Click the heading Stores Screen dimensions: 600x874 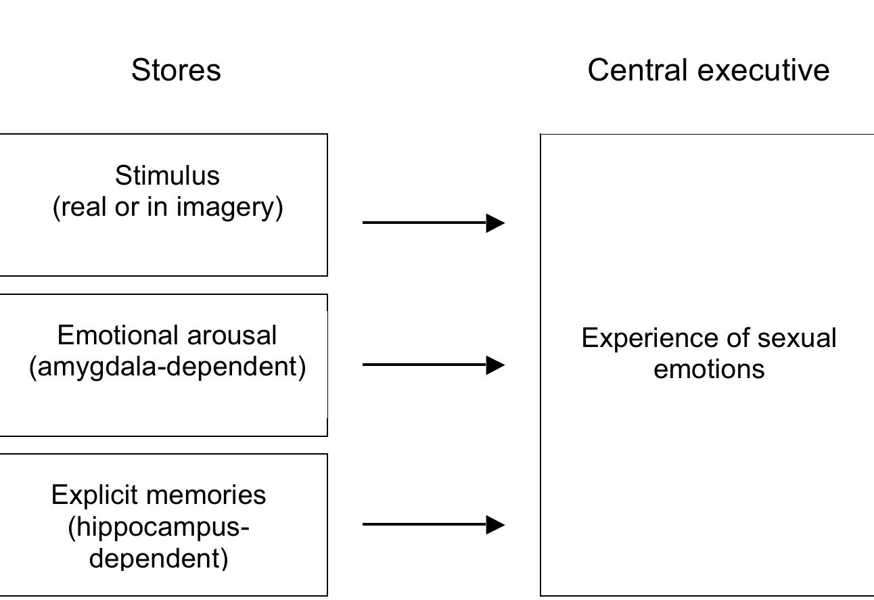(x=176, y=70)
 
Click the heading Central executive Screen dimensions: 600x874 (x=708, y=70)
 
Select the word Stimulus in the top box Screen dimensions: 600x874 (x=167, y=176)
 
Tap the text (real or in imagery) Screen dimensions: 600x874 (x=168, y=207)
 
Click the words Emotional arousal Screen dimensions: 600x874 (x=167, y=336)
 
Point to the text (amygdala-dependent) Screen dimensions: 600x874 (x=168, y=367)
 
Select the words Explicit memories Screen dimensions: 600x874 (x=159, y=495)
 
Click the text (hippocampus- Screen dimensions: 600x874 (x=159, y=526)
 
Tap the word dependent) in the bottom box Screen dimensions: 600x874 (x=159, y=558)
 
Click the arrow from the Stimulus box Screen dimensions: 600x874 (x=433, y=223)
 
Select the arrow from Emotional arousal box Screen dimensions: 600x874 (x=433, y=365)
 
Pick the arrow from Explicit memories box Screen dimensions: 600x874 (x=433, y=524)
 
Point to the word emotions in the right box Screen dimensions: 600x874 (x=709, y=369)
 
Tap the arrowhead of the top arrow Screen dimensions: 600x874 (x=495, y=223)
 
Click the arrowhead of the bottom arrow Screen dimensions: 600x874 (x=495, y=524)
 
